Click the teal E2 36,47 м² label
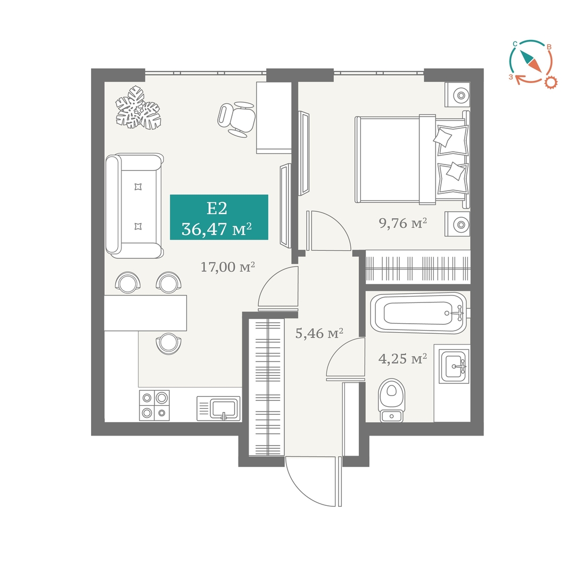click(219, 217)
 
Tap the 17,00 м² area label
click(228, 267)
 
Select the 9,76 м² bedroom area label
click(402, 223)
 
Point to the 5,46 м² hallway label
click(319, 333)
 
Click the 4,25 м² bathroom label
click(402, 358)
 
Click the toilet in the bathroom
click(392, 400)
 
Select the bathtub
click(418, 313)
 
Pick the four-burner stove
click(154, 405)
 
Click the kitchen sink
click(219, 408)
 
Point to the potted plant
click(138, 108)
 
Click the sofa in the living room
click(134, 206)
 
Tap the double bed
click(412, 160)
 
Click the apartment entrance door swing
click(313, 481)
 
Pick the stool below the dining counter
click(168, 343)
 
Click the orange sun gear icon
click(551, 82)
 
